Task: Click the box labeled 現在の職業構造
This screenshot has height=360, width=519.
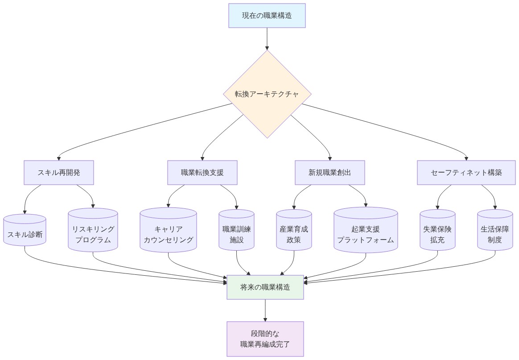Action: click(x=267, y=16)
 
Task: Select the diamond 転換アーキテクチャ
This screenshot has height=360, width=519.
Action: click(x=267, y=94)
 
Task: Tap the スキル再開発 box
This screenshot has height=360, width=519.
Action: click(x=58, y=173)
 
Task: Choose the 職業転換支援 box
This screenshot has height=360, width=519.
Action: click(x=202, y=173)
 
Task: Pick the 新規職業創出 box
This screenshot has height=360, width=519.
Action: click(x=330, y=173)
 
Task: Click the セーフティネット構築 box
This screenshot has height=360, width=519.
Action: click(x=466, y=173)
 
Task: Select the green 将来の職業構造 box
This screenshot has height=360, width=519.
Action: click(x=265, y=287)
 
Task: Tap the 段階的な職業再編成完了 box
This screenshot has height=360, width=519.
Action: click(x=265, y=339)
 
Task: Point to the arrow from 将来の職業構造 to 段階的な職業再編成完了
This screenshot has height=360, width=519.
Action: click(x=265, y=310)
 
